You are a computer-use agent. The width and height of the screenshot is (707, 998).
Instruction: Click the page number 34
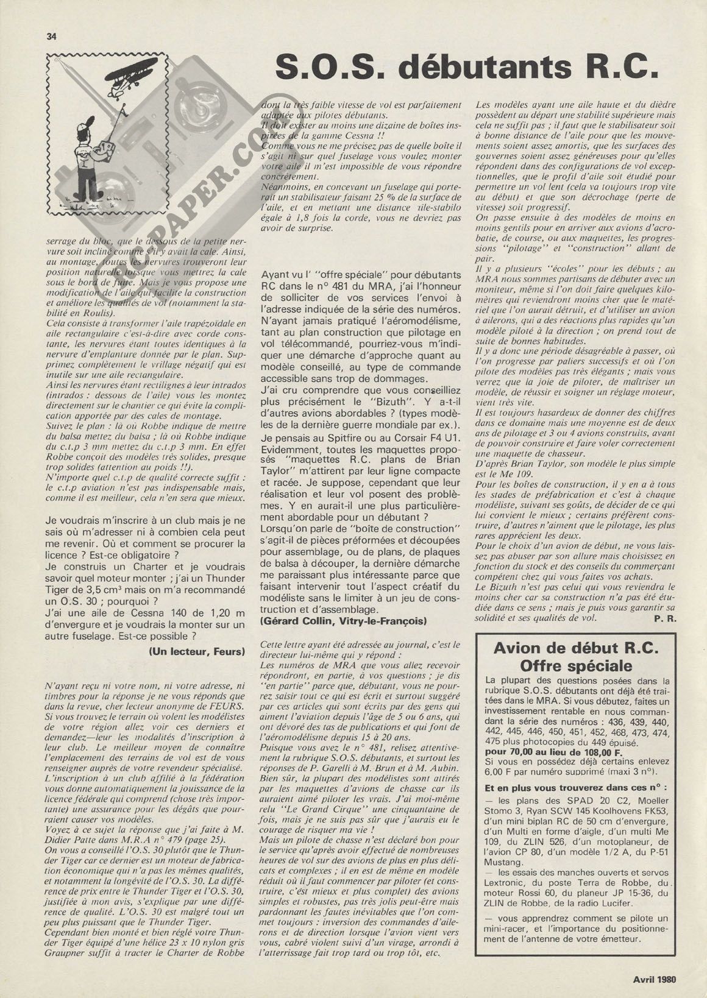[x=51, y=36]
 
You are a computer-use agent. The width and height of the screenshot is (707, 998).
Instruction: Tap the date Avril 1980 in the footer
[x=659, y=980]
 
